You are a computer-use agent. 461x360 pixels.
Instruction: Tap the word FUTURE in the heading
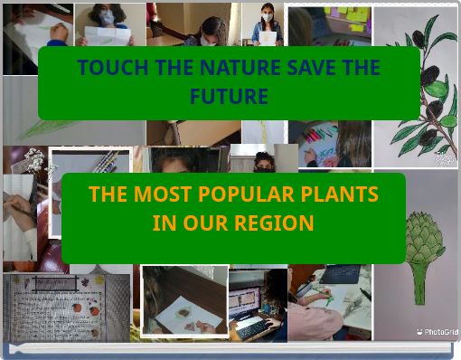pos(229,96)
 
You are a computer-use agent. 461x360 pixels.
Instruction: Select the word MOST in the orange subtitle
pos(157,194)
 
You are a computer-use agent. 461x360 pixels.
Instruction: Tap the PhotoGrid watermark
pos(437,332)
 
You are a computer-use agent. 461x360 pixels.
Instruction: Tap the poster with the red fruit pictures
pos(50,308)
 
